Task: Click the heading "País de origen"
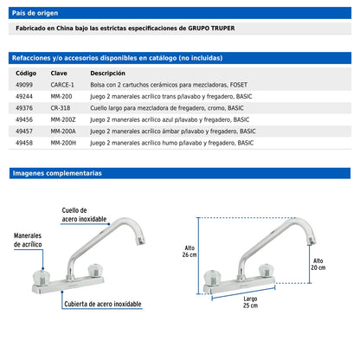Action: click(35, 13)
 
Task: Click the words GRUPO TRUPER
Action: click(211, 29)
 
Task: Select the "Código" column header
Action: click(26, 74)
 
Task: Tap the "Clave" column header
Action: click(59, 74)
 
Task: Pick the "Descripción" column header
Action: click(107, 74)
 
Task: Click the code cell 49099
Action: click(24, 85)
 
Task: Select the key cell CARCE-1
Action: click(62, 85)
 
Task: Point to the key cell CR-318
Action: click(61, 108)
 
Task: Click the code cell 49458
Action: click(24, 143)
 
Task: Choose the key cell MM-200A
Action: click(63, 132)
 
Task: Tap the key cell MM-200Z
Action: click(63, 119)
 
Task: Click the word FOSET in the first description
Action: click(239, 85)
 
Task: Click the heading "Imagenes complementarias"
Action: click(57, 173)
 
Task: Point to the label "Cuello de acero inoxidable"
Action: click(84, 215)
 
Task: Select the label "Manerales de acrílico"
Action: click(28, 240)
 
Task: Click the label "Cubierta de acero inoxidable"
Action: click(103, 304)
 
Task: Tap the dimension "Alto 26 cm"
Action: click(190, 251)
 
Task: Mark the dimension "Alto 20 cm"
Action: click(318, 264)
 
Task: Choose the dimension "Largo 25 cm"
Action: click(250, 302)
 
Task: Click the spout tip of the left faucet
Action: click(141, 241)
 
